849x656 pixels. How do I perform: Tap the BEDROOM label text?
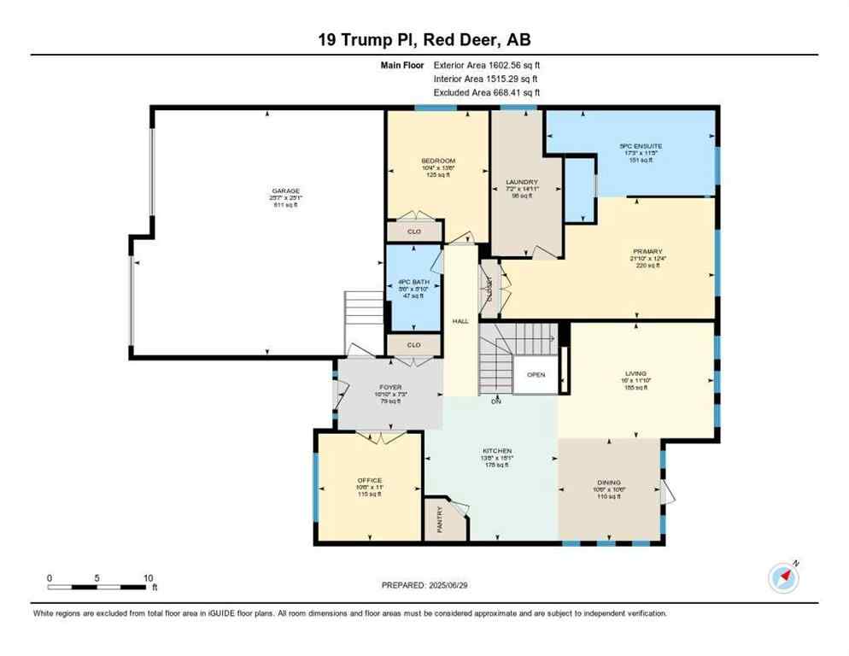click(437, 161)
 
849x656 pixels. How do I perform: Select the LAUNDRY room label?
click(521, 182)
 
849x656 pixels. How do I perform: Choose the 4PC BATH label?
click(413, 281)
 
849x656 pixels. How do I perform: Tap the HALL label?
click(461, 321)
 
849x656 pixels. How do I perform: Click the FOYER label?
click(389, 386)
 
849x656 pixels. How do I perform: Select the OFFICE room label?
click(369, 480)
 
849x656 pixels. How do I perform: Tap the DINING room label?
click(609, 482)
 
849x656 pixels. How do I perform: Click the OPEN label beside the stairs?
click(536, 375)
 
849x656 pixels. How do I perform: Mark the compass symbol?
click(783, 577)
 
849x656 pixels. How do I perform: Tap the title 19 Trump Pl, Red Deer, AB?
click(424, 39)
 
